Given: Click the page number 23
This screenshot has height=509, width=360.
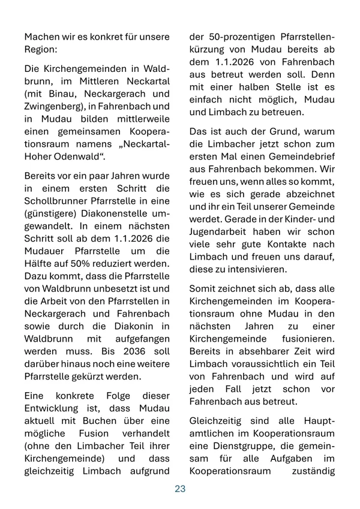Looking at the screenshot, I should tap(180, 489).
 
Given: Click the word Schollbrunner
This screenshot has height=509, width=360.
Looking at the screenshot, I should tap(54, 203).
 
